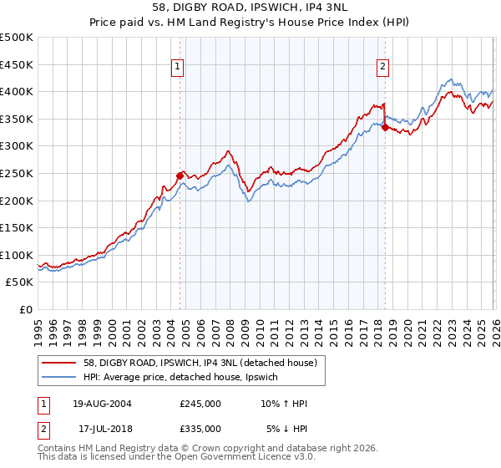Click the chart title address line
point(250,8)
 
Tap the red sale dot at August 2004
point(180,175)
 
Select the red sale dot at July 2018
point(385,127)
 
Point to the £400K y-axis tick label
point(17,92)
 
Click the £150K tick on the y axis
point(17,228)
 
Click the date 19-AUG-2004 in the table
point(102,404)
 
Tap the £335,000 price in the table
point(200,429)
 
